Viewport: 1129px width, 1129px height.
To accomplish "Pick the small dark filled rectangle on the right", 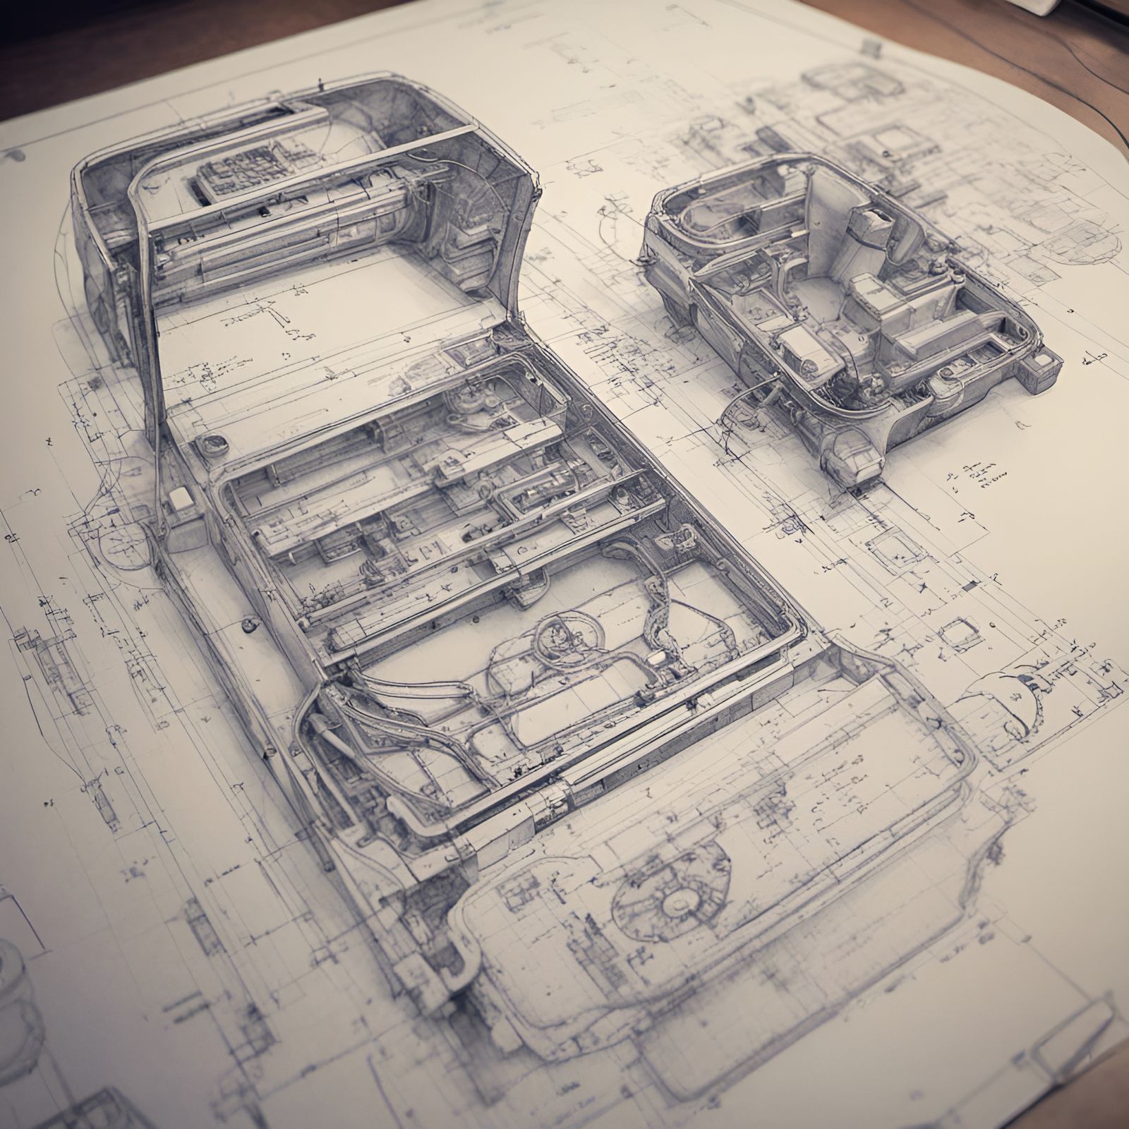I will pyautogui.click(x=972, y=584).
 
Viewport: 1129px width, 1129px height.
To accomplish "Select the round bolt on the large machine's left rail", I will pyautogui.click(x=248, y=624).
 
